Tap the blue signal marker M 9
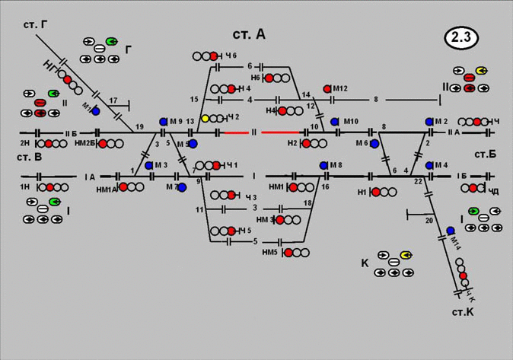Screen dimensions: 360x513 [x=164, y=122]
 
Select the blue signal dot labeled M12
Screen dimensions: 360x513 [x=327, y=89]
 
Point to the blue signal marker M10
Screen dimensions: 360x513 [x=334, y=122]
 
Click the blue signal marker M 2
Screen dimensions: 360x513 [x=429, y=122]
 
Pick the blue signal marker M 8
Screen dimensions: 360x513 [x=323, y=165]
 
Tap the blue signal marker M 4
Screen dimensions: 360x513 [x=429, y=165]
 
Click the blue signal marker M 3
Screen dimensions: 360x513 [x=149, y=165]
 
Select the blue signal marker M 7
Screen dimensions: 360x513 [x=182, y=186]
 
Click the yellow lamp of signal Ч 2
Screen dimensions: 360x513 [x=206, y=118]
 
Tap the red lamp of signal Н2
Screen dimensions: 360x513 [x=306, y=143]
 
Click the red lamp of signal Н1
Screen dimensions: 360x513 [x=376, y=192]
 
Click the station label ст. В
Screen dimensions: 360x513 [x=27, y=158]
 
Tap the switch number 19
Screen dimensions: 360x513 [x=139, y=126]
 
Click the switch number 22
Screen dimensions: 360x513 [x=418, y=180]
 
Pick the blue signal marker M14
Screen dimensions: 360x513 [x=451, y=230]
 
